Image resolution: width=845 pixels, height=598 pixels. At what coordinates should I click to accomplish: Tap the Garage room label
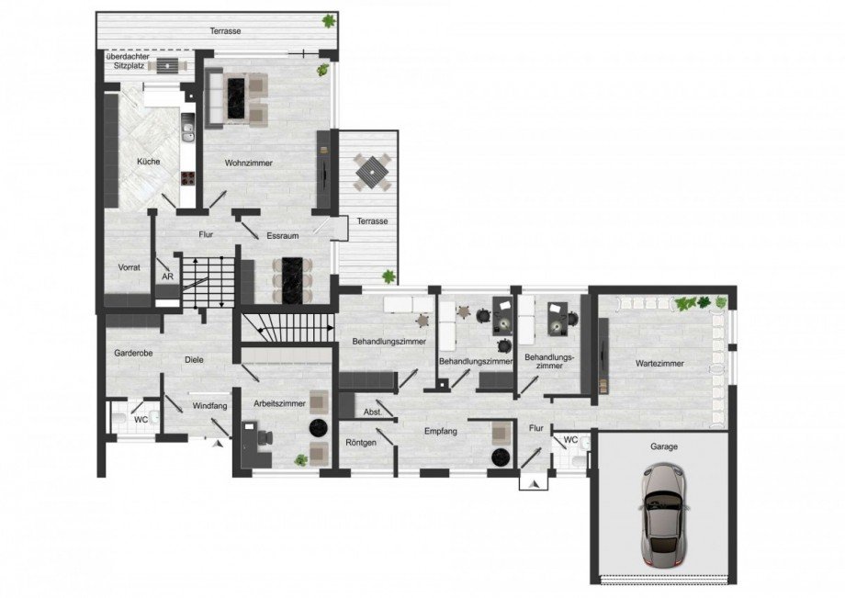coord(663,446)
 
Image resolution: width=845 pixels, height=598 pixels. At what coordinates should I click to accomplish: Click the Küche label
coord(148,162)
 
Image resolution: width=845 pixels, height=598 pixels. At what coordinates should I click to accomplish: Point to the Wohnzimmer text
coord(249,163)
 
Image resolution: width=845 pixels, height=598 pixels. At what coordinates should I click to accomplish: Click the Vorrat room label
coord(130,267)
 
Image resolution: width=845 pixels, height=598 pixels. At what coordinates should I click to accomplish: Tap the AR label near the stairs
coord(167,276)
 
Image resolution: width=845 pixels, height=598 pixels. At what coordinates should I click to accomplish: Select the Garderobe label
coord(132,353)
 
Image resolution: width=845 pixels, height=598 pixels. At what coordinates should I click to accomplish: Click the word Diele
coord(193,360)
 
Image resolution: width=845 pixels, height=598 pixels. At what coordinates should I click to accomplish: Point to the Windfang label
coord(209,405)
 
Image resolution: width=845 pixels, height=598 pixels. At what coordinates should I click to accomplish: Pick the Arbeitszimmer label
coord(270,401)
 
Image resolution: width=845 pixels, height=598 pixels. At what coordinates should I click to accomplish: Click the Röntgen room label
coord(362,443)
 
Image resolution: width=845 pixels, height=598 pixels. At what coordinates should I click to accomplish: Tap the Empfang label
coord(441,430)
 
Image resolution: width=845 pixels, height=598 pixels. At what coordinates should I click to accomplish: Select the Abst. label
coord(373,412)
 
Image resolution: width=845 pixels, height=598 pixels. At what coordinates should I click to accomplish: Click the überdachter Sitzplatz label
coord(126,62)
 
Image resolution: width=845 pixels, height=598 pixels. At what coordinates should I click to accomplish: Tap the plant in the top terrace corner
coord(328,21)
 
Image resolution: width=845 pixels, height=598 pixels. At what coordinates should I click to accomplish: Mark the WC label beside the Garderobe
coord(141,419)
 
